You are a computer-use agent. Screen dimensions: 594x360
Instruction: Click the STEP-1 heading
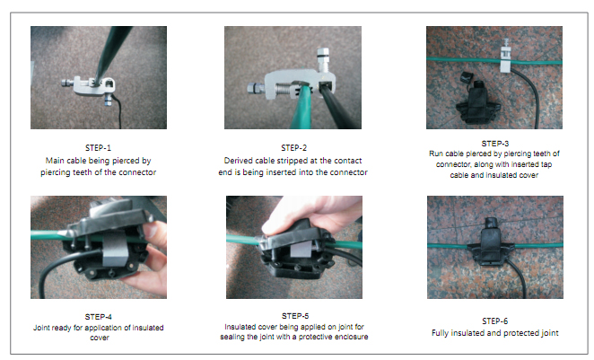98,148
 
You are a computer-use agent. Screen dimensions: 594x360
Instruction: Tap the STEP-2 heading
293,148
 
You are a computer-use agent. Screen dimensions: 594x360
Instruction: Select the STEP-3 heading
494,144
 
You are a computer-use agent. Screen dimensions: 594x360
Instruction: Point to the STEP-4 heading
98,317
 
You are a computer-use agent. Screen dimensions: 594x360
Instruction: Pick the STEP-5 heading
295,316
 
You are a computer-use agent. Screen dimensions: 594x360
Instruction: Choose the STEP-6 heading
494,321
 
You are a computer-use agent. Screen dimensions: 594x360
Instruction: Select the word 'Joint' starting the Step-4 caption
41,328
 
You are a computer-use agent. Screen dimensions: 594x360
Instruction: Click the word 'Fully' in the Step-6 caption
441,333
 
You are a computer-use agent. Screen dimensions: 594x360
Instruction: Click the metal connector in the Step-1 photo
89,86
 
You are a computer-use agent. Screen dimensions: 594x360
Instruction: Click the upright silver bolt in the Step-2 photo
322,60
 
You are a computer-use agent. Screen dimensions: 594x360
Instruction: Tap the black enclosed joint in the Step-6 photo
491,243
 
